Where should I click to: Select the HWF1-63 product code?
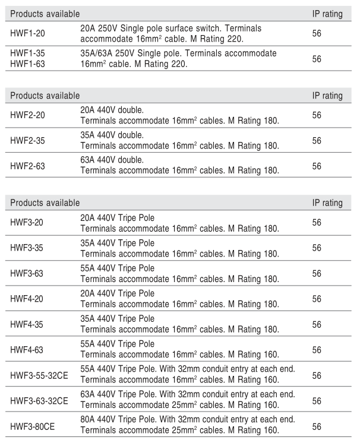[x=27, y=63]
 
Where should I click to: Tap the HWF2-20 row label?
[x=27, y=115]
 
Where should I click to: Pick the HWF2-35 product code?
[x=27, y=140]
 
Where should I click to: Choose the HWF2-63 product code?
[x=27, y=166]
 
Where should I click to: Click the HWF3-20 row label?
[x=27, y=222]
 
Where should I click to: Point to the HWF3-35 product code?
[x=27, y=248]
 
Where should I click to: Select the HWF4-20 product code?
[x=27, y=299]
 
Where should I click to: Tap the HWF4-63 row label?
[x=27, y=350]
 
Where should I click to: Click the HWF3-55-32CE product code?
[x=39, y=375]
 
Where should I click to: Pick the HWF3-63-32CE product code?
[x=39, y=401]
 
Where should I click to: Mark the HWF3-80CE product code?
[x=32, y=426]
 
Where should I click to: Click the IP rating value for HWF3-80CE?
[x=317, y=426]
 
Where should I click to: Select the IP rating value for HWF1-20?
[x=317, y=33]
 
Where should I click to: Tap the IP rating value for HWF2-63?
[x=317, y=166]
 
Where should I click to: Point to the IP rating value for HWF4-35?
[x=317, y=324]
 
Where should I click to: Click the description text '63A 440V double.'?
[x=112, y=160]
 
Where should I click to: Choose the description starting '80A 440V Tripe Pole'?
[x=187, y=421]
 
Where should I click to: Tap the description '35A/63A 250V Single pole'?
[x=178, y=53]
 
